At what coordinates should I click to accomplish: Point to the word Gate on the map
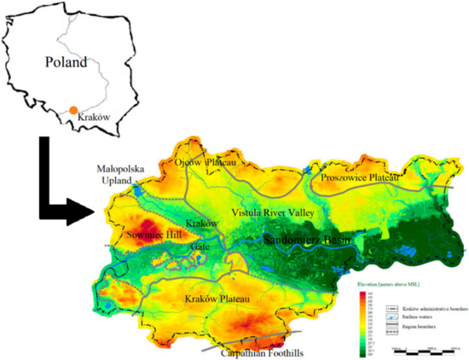pos(200,246)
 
